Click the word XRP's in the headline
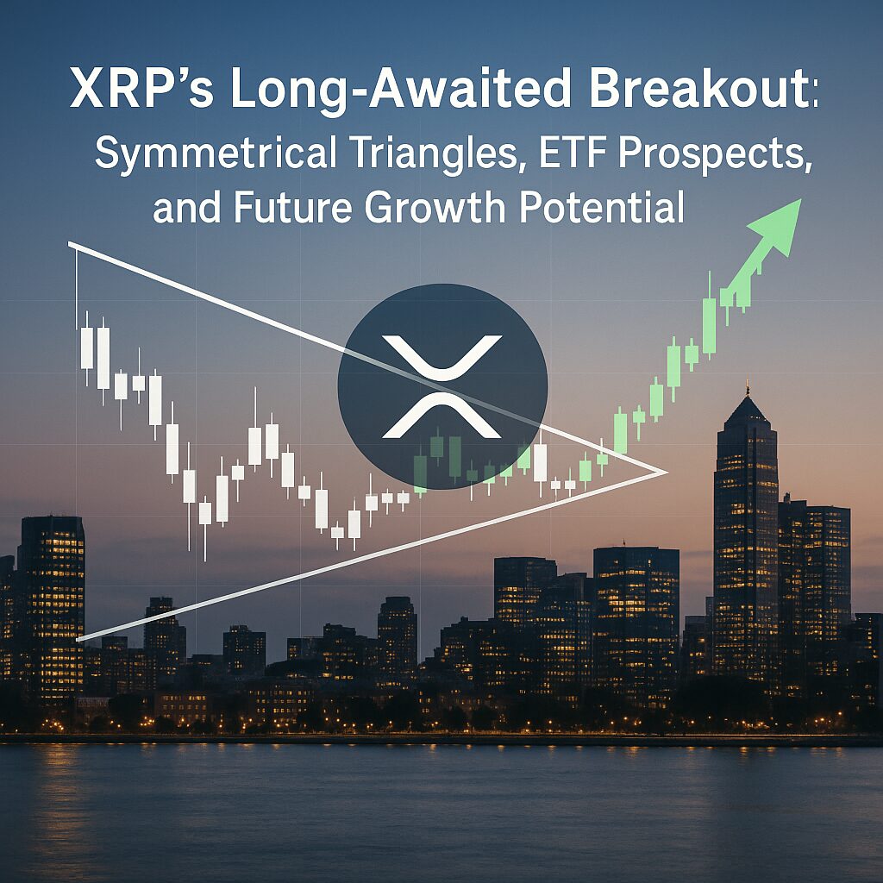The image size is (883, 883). (142, 90)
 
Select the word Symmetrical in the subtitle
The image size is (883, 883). (215, 153)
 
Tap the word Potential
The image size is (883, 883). (601, 206)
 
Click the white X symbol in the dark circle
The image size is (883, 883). (441, 386)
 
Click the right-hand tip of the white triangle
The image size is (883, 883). (668, 472)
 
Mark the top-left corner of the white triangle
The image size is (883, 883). (69, 244)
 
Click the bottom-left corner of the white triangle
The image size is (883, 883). (77, 639)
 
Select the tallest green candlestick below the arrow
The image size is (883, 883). (710, 316)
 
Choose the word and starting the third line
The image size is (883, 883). (186, 207)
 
